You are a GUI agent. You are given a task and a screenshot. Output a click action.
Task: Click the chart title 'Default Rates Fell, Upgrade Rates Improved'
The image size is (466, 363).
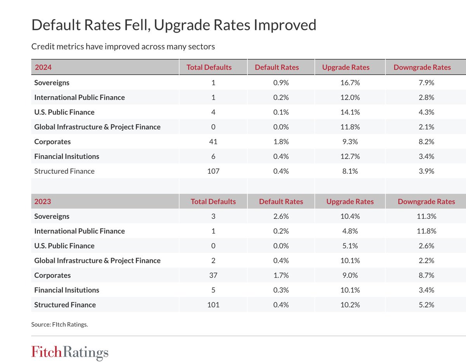click(174, 25)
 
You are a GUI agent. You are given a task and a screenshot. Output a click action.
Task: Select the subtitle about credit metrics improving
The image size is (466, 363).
click(123, 47)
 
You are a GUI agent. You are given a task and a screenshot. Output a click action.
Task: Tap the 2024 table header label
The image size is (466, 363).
click(43, 67)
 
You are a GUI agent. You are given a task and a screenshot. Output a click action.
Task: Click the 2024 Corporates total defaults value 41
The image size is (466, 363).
click(213, 142)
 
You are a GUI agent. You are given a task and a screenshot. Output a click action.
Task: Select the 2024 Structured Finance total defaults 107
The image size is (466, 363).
click(213, 171)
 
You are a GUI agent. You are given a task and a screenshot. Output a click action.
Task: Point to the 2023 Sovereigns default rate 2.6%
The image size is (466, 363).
click(281, 216)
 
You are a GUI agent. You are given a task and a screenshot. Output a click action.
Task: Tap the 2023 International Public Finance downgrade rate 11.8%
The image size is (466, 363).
click(426, 231)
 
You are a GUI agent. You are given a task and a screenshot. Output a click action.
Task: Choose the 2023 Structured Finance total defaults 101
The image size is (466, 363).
click(213, 305)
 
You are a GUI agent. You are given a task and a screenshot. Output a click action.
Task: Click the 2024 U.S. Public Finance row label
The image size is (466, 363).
click(64, 112)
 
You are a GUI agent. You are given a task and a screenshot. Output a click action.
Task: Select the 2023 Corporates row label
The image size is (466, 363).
click(52, 275)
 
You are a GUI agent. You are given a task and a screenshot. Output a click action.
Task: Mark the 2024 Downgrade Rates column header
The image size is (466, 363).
click(422, 67)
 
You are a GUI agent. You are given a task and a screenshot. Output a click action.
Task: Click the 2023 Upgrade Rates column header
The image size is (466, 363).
click(350, 201)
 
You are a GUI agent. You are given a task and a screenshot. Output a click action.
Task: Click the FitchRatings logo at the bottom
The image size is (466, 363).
click(70, 353)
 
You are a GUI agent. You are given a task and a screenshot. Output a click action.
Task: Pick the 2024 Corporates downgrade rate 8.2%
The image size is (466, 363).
click(426, 142)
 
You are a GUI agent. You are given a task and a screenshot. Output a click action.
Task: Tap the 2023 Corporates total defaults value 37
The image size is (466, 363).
click(213, 275)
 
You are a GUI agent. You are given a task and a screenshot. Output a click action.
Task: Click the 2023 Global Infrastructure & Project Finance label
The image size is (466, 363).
click(97, 260)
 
